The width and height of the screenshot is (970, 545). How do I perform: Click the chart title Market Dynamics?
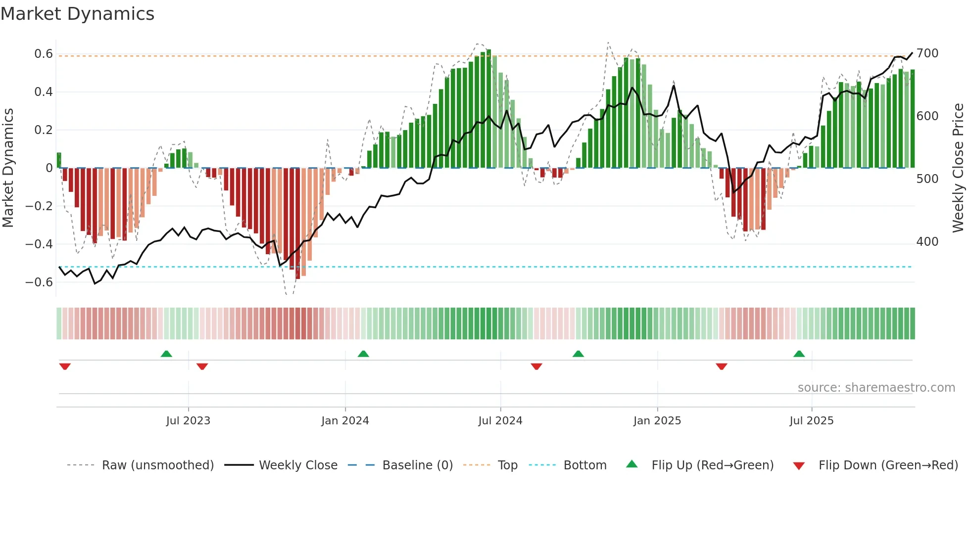[x=78, y=14]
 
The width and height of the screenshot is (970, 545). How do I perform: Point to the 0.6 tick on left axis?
[x=44, y=54]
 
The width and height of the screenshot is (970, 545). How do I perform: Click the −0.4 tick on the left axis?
[x=39, y=244]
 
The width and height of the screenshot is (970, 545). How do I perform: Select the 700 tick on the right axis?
[x=927, y=53]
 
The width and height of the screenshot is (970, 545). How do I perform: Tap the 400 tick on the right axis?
[x=927, y=242]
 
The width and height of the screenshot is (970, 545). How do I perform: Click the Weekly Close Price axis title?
[x=958, y=168]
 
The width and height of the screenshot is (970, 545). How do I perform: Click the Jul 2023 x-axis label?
[x=188, y=421]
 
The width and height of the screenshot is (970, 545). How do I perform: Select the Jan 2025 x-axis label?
[x=657, y=421]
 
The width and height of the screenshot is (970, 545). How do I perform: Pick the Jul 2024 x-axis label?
[x=500, y=421]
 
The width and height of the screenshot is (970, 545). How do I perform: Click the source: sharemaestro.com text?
[x=876, y=388]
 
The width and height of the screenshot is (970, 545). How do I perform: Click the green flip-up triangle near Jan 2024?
[x=363, y=354]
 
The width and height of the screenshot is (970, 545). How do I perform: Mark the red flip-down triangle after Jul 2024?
[x=536, y=366]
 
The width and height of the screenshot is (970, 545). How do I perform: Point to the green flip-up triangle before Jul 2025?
[x=799, y=354]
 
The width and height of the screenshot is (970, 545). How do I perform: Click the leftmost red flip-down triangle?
[x=65, y=366]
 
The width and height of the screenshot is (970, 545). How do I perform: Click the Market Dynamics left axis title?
[x=8, y=168]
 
